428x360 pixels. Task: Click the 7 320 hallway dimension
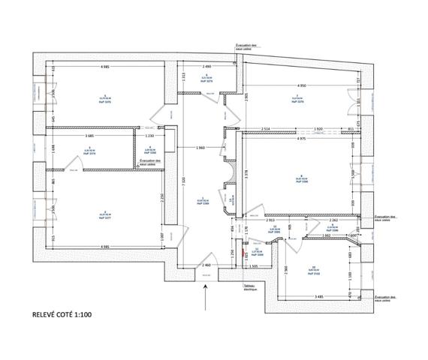tap(182, 181)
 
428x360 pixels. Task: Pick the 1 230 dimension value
tap(149, 136)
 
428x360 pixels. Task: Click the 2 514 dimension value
tap(266, 130)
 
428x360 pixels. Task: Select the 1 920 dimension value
tap(318, 130)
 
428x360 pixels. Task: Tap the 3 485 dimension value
tap(319, 295)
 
